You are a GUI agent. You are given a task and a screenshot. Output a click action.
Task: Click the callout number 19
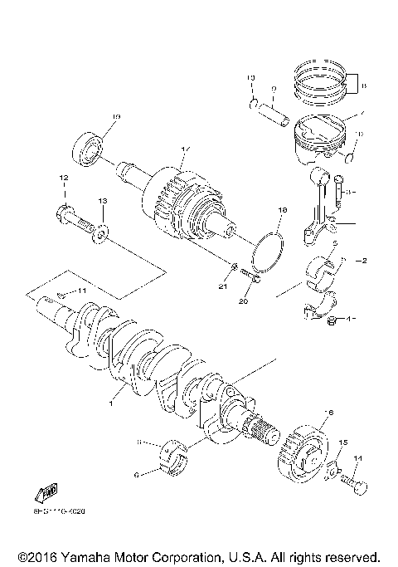116,117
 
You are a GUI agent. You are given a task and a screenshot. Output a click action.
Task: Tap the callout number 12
62,178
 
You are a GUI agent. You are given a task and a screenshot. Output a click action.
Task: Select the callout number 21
222,286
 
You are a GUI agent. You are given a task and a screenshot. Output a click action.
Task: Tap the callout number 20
244,301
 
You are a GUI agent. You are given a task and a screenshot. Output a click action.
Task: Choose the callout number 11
81,291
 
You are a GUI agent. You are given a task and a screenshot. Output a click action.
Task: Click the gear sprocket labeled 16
305,453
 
